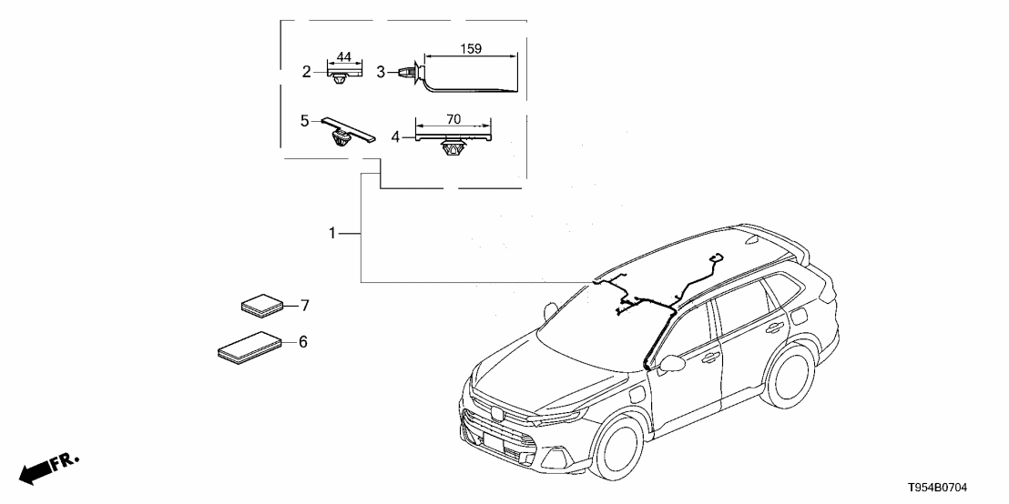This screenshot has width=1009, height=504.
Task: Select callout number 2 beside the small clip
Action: point(307,70)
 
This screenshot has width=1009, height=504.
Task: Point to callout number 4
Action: point(395,137)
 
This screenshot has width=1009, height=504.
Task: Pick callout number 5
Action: point(306,119)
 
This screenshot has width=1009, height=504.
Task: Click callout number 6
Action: point(303,342)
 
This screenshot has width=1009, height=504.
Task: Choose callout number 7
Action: point(305,305)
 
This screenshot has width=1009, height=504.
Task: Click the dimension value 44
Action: point(343,57)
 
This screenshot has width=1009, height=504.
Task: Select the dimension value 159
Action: point(471,48)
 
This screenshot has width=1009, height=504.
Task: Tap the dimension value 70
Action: point(454,118)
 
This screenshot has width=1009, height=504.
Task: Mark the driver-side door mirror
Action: point(671,364)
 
